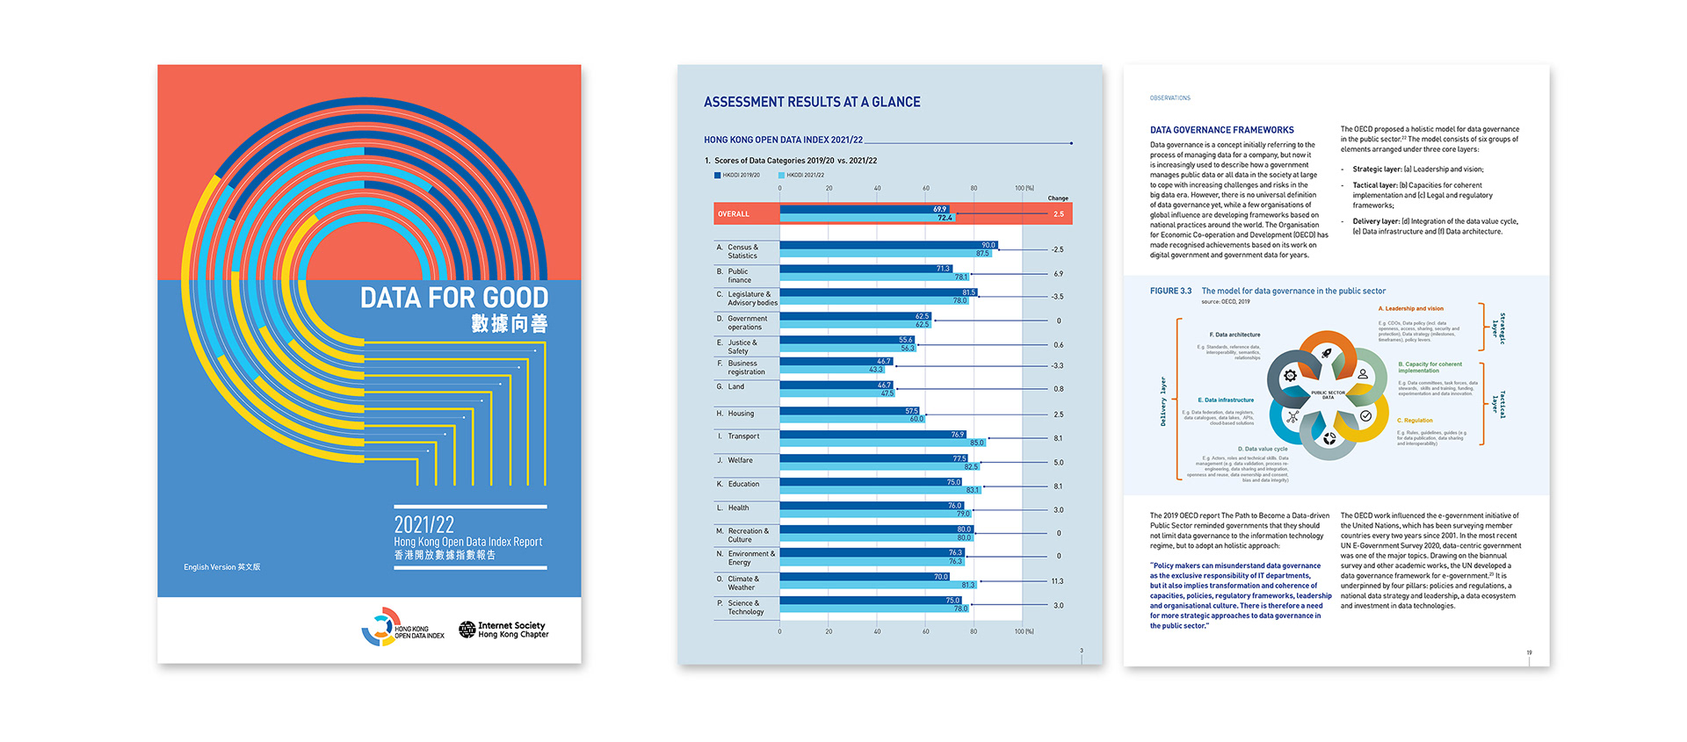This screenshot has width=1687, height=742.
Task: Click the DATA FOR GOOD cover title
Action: (453, 298)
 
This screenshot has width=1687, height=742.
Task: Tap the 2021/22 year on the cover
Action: (424, 524)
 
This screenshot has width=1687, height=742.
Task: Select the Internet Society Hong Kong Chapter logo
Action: (503, 630)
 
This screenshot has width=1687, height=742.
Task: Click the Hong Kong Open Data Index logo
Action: (403, 628)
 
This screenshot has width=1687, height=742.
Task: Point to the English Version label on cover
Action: (221, 567)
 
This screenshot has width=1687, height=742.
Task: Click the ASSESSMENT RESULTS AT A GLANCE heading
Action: (812, 103)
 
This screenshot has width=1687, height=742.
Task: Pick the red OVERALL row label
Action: (734, 214)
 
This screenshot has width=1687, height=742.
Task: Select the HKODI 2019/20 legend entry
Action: (737, 175)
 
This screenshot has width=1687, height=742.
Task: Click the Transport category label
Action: (743, 436)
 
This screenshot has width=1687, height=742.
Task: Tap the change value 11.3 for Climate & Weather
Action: (1057, 581)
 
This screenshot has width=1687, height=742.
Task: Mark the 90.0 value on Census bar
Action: (988, 245)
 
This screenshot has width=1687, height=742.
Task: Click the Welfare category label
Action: (740, 460)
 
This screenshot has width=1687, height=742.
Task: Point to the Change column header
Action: (1058, 198)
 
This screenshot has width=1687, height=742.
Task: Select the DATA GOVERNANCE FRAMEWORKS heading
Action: (1221, 130)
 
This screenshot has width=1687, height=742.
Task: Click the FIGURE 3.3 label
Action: (1170, 291)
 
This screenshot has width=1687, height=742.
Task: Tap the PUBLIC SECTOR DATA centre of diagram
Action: (1328, 395)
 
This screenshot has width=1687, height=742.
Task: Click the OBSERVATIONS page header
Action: (1169, 98)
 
